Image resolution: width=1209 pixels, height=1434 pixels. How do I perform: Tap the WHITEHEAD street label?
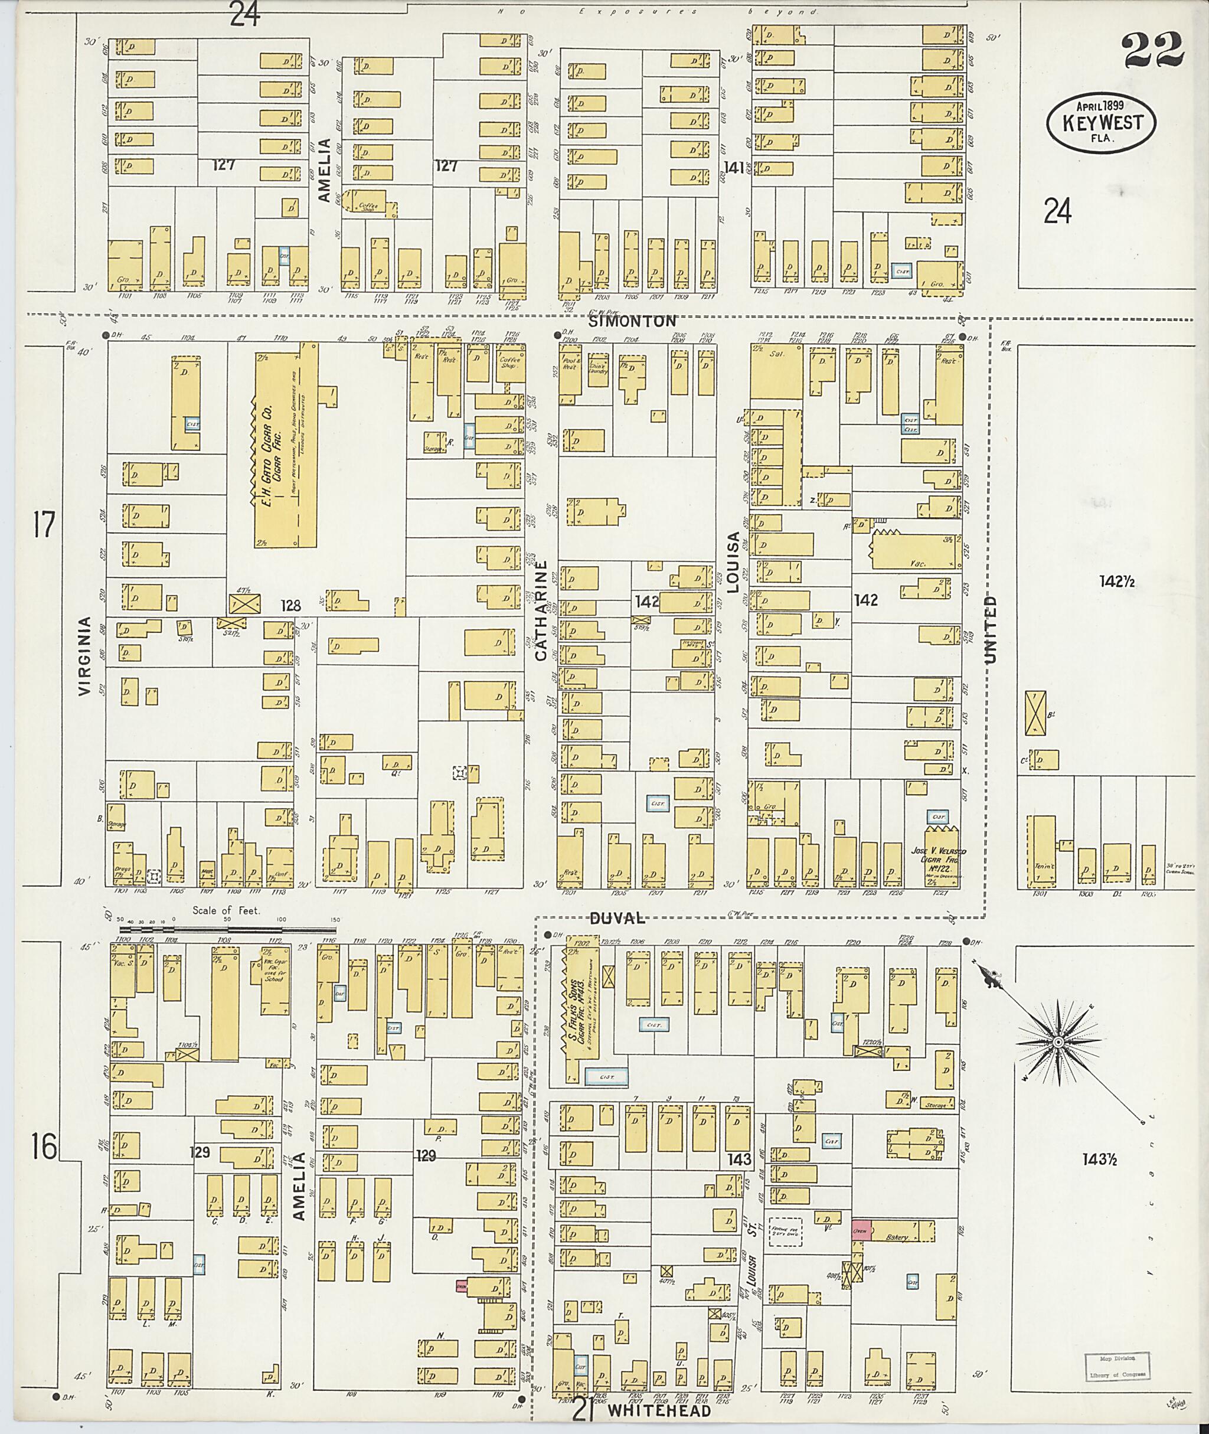[659, 1412]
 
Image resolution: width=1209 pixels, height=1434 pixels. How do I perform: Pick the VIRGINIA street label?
[85, 656]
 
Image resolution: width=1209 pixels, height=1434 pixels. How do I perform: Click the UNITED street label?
[991, 629]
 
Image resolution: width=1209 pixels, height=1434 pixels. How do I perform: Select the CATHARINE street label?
[541, 612]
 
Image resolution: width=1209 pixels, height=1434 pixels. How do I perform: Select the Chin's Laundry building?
[599, 367]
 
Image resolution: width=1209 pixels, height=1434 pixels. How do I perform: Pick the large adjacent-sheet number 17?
[43, 527]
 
